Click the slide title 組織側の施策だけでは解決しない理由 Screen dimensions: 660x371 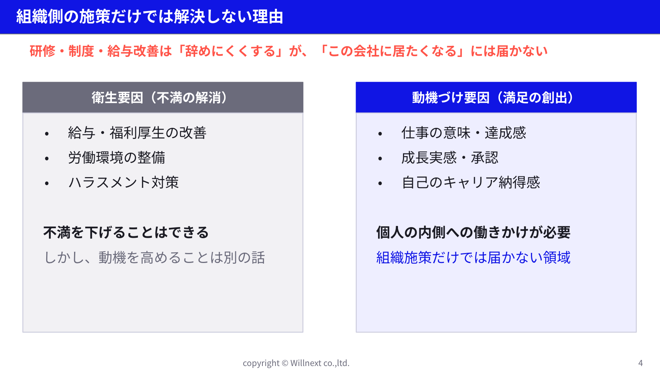[x=149, y=17]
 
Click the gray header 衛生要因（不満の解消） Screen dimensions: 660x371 [x=163, y=97]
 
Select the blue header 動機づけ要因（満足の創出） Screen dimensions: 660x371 [x=496, y=97]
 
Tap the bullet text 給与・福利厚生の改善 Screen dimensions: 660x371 [x=137, y=133]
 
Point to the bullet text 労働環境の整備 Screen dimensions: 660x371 [x=116, y=158]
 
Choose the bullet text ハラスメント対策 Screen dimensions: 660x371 [x=123, y=182]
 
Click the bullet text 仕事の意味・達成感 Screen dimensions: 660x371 [x=464, y=133]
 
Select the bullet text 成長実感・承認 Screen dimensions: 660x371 [x=450, y=158]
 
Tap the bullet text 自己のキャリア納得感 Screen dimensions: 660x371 [x=471, y=182]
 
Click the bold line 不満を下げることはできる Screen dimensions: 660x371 [x=126, y=232]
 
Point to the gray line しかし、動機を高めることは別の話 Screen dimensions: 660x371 [x=154, y=258]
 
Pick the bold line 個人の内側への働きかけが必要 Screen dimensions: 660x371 [x=474, y=232]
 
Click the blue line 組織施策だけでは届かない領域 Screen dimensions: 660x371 [x=474, y=258]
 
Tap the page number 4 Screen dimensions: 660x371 [x=641, y=363]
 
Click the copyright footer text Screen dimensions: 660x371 [x=296, y=363]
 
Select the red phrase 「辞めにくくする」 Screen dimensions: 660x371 [x=230, y=51]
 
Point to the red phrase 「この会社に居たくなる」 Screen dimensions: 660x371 [x=391, y=51]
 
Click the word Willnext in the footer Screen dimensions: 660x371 [x=306, y=363]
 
